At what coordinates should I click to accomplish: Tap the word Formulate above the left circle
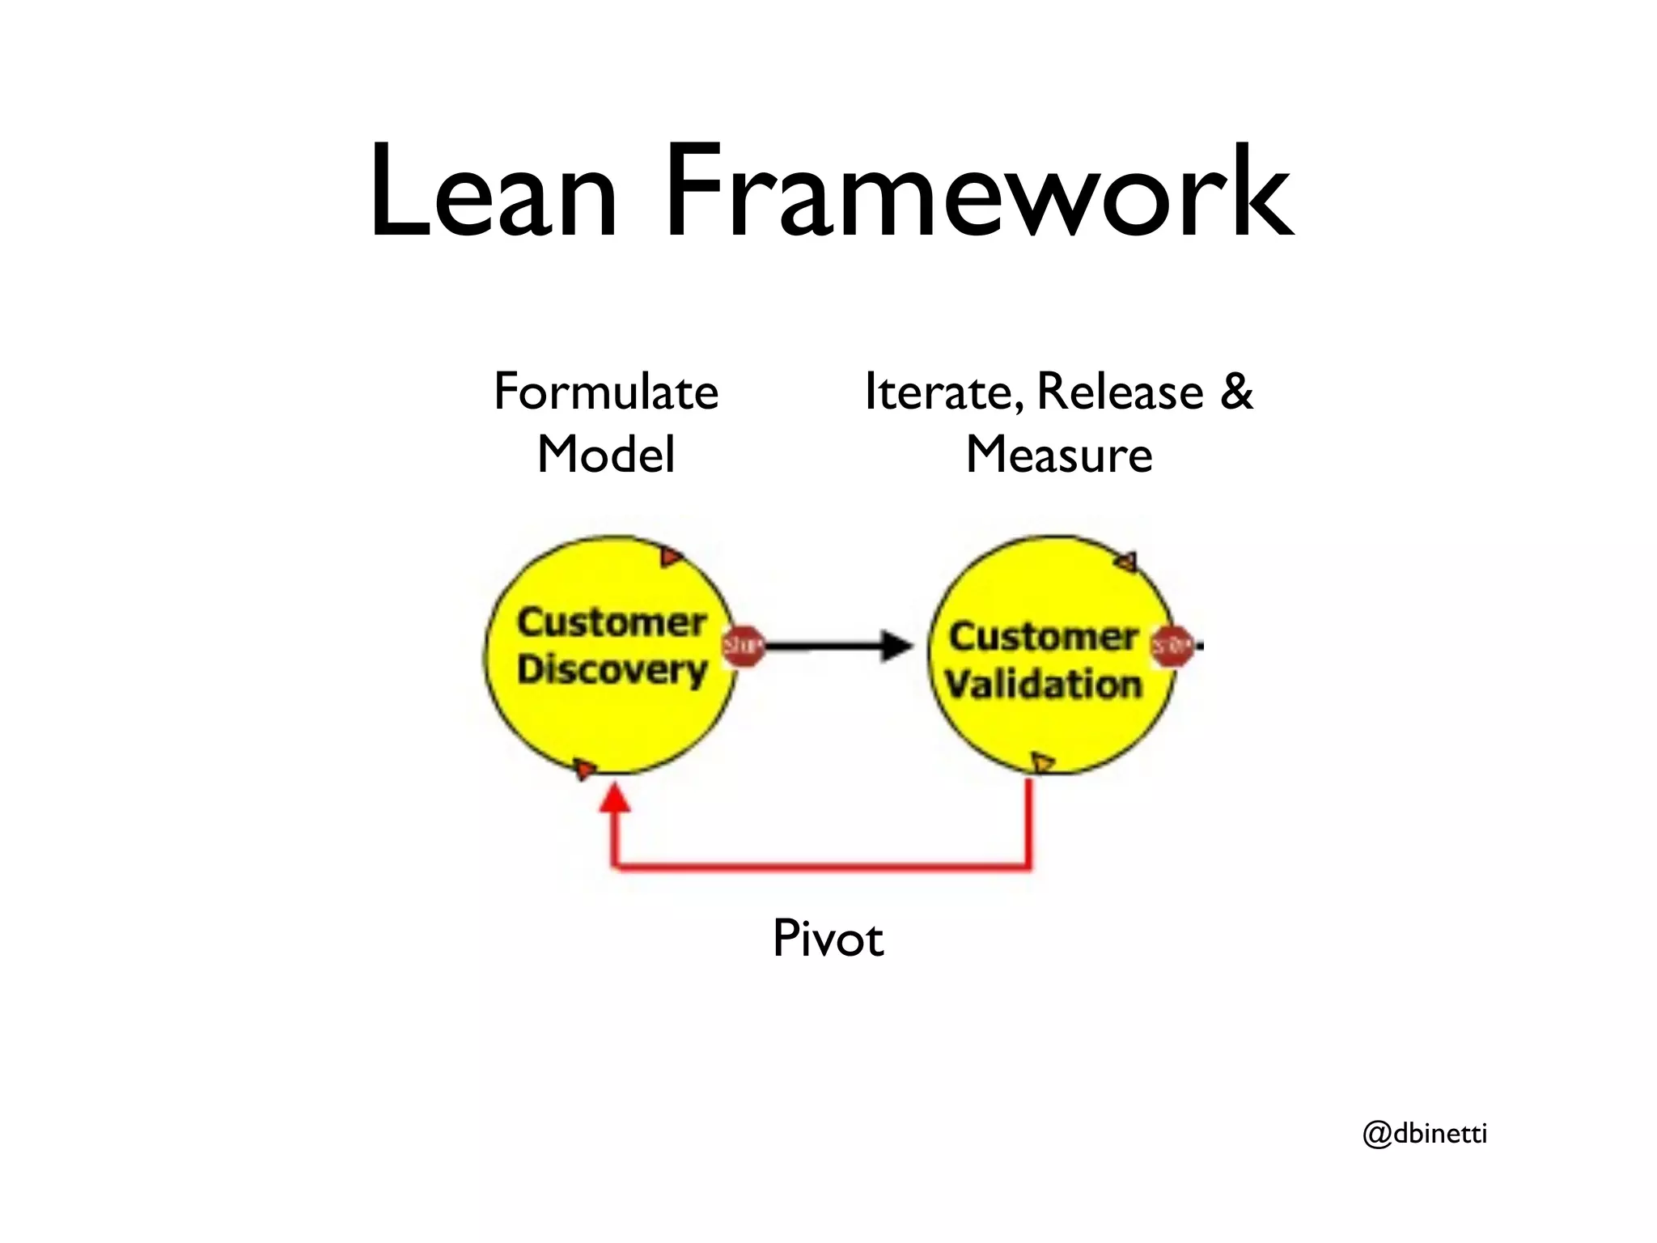tap(606, 392)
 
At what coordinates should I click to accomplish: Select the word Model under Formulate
tap(606, 455)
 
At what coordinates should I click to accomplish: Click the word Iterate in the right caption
tap(936, 392)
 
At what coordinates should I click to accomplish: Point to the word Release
tap(1120, 392)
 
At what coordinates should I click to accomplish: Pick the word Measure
tap(1059, 455)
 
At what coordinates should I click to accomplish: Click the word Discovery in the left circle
tap(612, 670)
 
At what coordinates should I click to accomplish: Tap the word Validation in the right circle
tap(1044, 685)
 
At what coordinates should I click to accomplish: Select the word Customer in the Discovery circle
tap(612, 622)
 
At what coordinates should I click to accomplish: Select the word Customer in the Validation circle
tap(1044, 637)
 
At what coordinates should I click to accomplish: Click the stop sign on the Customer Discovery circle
tap(743, 646)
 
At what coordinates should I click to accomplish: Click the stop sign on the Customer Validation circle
tap(1172, 646)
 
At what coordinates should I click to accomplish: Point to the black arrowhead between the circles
tap(896, 646)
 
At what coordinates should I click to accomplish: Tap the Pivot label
tap(828, 939)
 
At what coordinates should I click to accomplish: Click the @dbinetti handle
tap(1425, 1133)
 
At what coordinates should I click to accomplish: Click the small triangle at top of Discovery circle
tap(671, 557)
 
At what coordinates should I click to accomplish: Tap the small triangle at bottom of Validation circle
tap(1043, 761)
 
